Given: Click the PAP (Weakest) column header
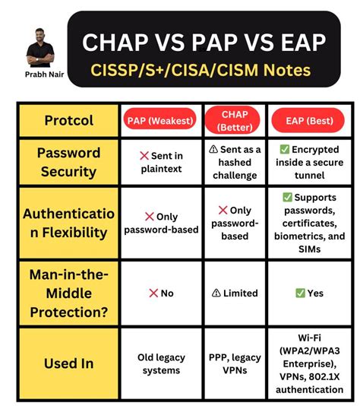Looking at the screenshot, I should tap(159, 120).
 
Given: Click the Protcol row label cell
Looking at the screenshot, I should tap(68, 120).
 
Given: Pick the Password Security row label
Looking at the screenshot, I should tap(68, 161).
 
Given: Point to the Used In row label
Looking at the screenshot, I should tap(68, 363).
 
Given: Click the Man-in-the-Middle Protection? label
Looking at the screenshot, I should tap(68, 292).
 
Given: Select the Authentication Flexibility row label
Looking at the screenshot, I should tap(68, 223).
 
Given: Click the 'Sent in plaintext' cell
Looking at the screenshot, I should tap(159, 161).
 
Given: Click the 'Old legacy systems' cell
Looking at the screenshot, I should tap(159, 363).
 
